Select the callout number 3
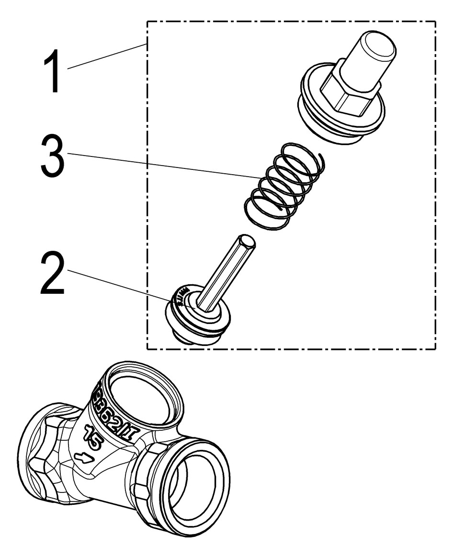tap(52, 156)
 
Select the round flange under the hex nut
tap(342, 115)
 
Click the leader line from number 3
tap(163, 166)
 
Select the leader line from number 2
tap(120, 286)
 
